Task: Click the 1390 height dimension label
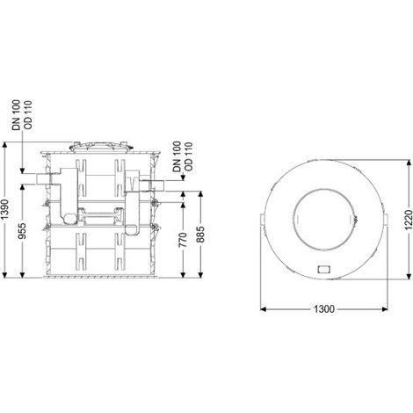[x=4, y=209]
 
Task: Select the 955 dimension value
[x=22, y=231]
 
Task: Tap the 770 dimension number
[x=183, y=240]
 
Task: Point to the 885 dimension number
[x=200, y=235]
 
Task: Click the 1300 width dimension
[x=324, y=309]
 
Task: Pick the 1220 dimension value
[x=409, y=220]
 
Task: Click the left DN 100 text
[x=16, y=115]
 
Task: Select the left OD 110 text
[x=28, y=115]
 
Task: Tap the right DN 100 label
[x=177, y=156]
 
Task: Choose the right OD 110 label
[x=189, y=156]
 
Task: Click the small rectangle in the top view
[x=324, y=269]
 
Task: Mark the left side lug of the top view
[x=263, y=220]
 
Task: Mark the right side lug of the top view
[x=386, y=220]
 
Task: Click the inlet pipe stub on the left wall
[x=43, y=178]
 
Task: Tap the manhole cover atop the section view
[x=101, y=147]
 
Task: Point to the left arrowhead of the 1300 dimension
[x=264, y=309]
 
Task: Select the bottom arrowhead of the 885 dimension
[x=200, y=274]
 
